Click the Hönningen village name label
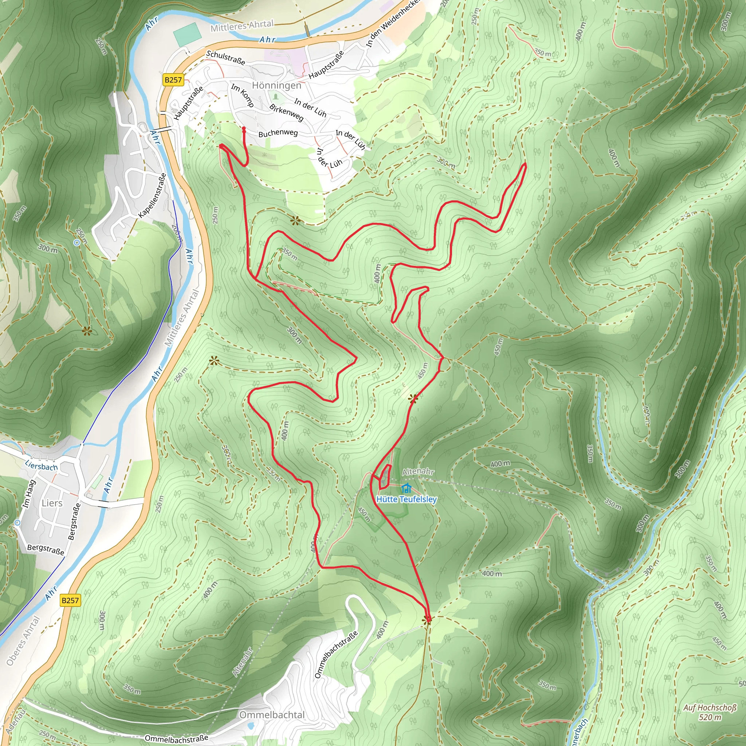click(276, 85)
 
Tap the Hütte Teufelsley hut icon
click(406, 488)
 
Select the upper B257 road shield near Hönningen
click(173, 80)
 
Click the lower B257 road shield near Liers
click(70, 600)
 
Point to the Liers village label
click(52, 503)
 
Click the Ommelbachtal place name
click(272, 715)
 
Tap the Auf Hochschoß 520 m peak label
click(710, 712)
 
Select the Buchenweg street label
click(278, 134)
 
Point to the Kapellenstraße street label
click(153, 195)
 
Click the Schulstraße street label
click(225, 58)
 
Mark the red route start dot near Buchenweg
click(244, 128)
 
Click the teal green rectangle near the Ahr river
click(187, 34)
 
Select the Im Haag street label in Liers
click(29, 494)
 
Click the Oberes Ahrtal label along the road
click(23, 641)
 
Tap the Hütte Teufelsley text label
click(406, 499)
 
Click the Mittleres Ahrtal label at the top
click(242, 26)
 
